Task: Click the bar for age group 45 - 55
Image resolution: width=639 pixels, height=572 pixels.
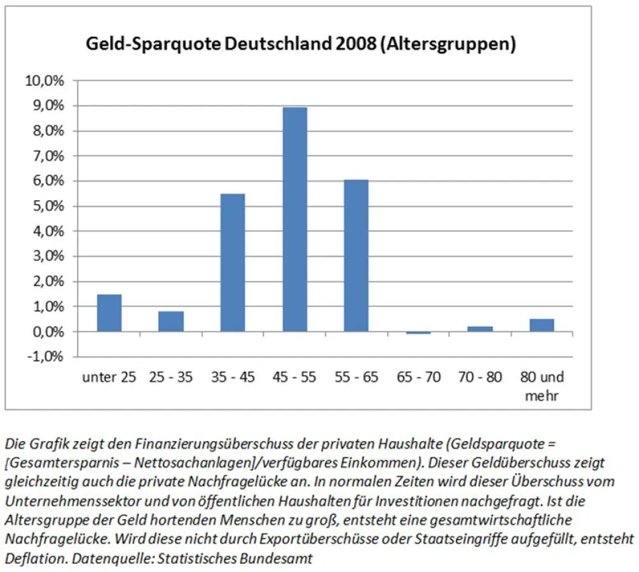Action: pos(295,219)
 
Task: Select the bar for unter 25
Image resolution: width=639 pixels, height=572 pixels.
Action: pos(109,313)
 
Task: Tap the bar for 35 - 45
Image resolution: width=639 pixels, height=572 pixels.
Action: pos(233,262)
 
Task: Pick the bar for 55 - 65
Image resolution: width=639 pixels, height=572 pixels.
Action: pos(357,255)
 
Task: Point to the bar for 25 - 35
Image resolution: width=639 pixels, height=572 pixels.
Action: pos(171,321)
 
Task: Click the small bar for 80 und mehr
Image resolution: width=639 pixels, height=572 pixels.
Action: pos(542,325)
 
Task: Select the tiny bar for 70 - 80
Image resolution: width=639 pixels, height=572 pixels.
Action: pos(481,329)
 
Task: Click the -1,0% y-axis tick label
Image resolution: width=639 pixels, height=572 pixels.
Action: pos(45,357)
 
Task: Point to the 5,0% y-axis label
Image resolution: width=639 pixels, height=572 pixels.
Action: pos(47,206)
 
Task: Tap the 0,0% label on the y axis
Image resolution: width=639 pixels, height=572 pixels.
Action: pos(47,332)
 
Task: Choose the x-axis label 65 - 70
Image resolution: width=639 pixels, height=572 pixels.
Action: pos(418,378)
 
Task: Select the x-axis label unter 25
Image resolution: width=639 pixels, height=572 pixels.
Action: pos(109,378)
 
